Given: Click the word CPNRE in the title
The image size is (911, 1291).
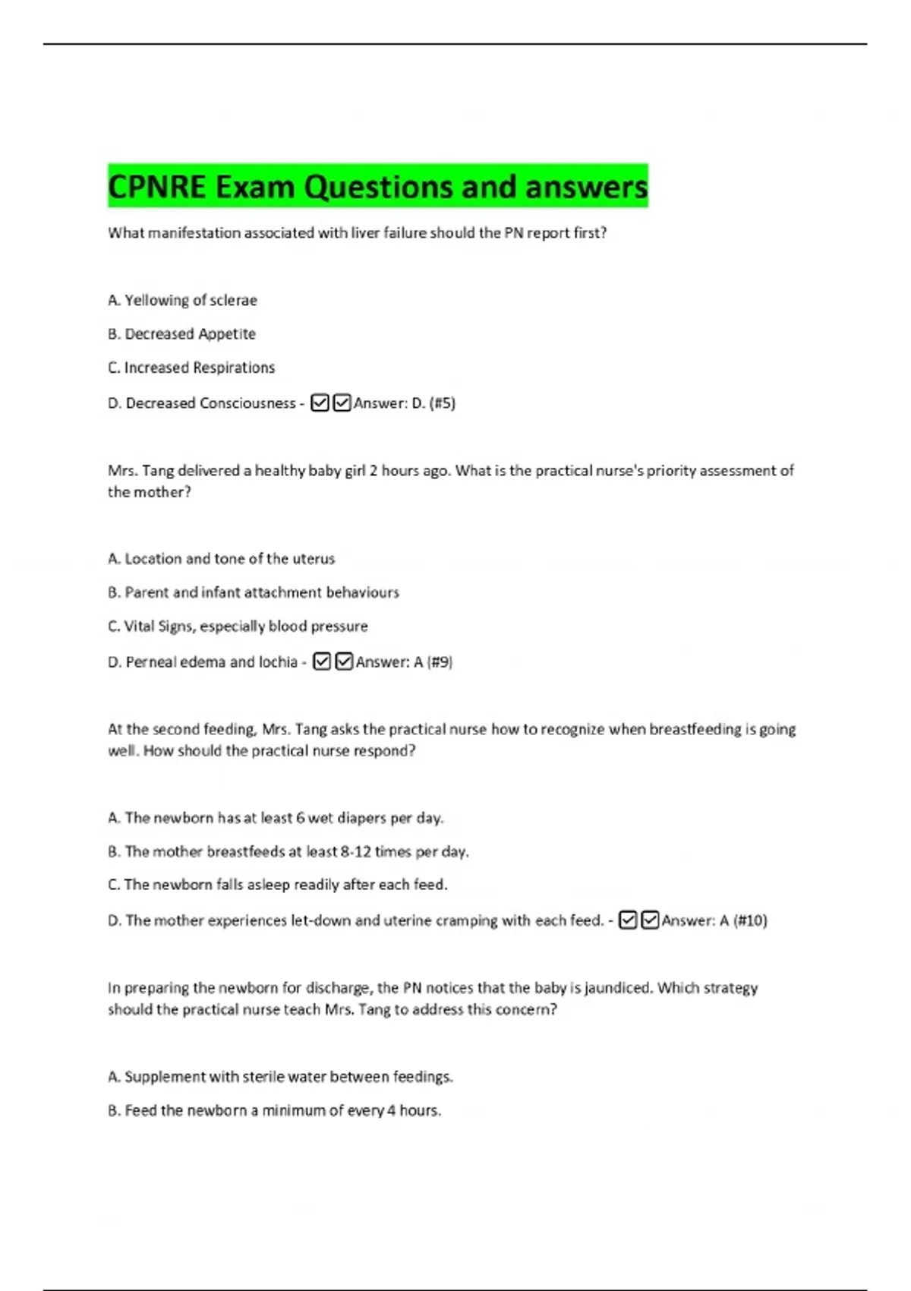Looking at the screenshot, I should pyautogui.click(x=156, y=187).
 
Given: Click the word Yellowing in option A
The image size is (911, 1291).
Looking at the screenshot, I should pyautogui.click(x=156, y=300).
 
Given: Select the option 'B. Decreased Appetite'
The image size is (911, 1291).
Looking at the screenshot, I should pyautogui.click(x=181, y=334).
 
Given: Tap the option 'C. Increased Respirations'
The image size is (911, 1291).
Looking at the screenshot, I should pyautogui.click(x=191, y=368).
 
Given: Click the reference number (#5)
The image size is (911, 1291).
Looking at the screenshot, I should pyautogui.click(x=442, y=403).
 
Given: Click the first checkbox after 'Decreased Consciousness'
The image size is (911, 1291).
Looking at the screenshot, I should pyautogui.click(x=320, y=402).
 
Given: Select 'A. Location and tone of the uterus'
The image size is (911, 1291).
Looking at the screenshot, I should pyautogui.click(x=221, y=559).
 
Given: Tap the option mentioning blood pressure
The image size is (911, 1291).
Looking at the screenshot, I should pyautogui.click(x=238, y=627).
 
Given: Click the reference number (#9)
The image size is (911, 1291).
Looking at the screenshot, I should pyautogui.click(x=440, y=662).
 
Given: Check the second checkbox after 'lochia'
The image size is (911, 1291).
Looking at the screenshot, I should pyautogui.click(x=344, y=661).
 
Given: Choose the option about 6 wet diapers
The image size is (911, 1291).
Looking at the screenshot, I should pyautogui.click(x=276, y=818).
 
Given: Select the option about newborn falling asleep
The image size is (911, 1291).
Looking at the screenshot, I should pyautogui.click(x=278, y=885).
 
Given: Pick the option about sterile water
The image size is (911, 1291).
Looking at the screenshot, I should pyautogui.click(x=280, y=1077).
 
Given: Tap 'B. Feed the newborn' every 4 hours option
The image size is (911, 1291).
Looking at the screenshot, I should pyautogui.click(x=274, y=1111).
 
